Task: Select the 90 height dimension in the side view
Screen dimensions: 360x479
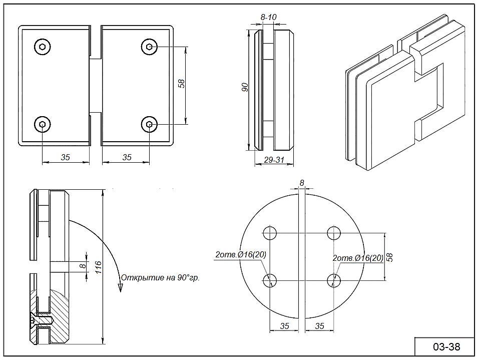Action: (x=245, y=88)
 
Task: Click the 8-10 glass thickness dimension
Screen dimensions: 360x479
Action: (x=269, y=18)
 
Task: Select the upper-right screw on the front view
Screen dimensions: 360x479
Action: (x=149, y=47)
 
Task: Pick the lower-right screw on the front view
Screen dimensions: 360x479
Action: (x=149, y=124)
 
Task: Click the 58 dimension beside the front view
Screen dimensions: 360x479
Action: (x=181, y=84)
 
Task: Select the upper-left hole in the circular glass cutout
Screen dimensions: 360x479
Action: (x=270, y=233)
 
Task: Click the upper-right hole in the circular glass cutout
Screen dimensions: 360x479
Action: (x=333, y=233)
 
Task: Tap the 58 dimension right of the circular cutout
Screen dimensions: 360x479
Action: (x=390, y=257)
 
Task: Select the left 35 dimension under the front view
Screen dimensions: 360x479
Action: (x=65, y=157)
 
